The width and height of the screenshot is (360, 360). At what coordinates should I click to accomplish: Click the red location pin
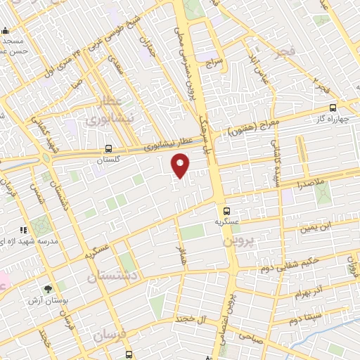point(181,166)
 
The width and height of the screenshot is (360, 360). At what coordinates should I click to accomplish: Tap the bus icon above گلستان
point(108,149)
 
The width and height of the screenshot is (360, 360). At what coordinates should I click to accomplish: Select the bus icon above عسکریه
point(226,211)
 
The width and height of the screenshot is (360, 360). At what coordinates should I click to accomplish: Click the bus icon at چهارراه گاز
point(333,108)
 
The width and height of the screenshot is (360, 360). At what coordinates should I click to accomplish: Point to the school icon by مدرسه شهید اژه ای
point(24,230)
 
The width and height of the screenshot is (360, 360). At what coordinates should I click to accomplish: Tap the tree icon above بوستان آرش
point(48,288)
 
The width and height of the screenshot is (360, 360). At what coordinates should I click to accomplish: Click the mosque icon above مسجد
point(5,30)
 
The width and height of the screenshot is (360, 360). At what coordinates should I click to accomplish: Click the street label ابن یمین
point(315,227)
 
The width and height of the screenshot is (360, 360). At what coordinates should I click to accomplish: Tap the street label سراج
point(213,63)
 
